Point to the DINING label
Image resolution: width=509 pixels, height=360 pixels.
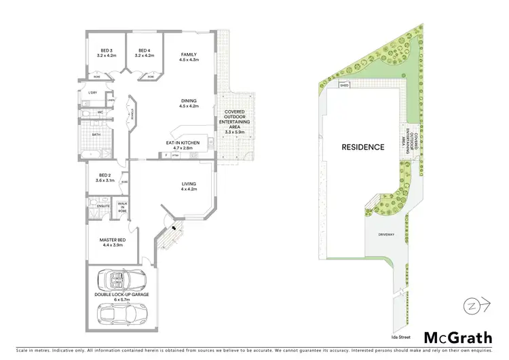188,103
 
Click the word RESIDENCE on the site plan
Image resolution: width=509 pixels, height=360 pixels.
362,147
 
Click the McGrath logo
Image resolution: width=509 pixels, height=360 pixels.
459,338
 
